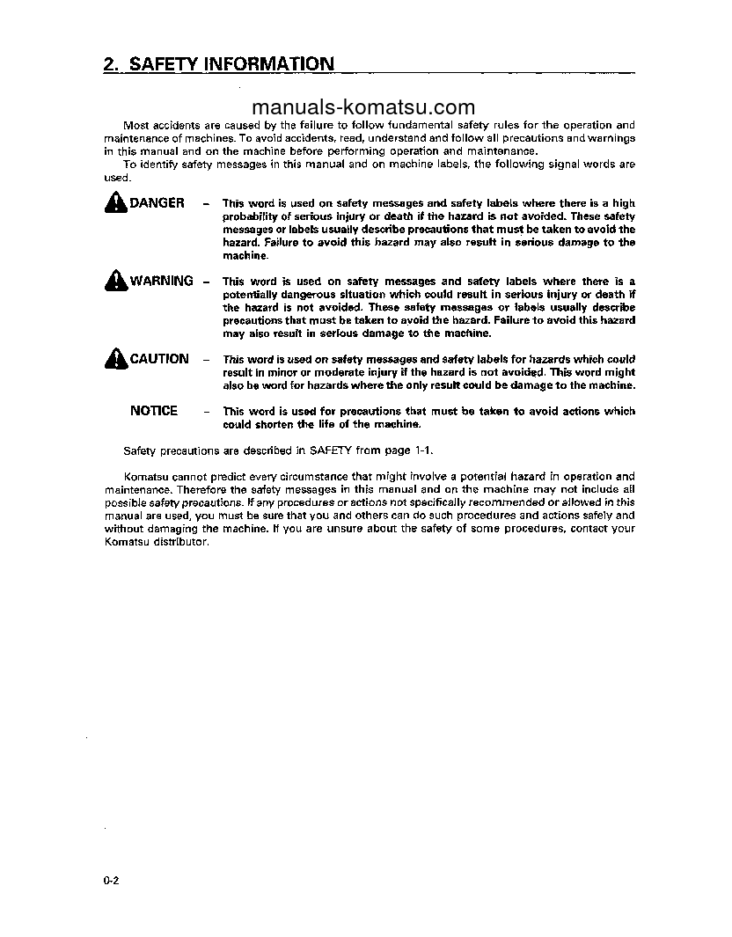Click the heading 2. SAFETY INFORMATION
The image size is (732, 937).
pyautogui.click(x=218, y=63)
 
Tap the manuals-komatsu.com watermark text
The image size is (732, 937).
pyautogui.click(x=363, y=107)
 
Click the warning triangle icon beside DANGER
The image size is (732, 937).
pyautogui.click(x=115, y=203)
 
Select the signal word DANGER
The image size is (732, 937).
pyautogui.click(x=157, y=203)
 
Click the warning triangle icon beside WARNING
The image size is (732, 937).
pyautogui.click(x=115, y=282)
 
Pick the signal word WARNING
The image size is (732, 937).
pyautogui.click(x=162, y=282)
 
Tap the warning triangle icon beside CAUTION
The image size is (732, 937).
pyautogui.click(x=115, y=359)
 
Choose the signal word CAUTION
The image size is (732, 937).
pyautogui.click(x=159, y=359)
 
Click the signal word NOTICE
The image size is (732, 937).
pyautogui.click(x=154, y=411)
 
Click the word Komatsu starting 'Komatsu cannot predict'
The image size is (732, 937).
pyautogui.click(x=143, y=477)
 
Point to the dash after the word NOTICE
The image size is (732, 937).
pyautogui.click(x=206, y=412)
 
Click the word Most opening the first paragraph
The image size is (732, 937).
pyautogui.click(x=135, y=126)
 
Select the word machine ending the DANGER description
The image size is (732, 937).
pyautogui.click(x=244, y=256)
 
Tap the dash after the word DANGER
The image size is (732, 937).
pyautogui.click(x=206, y=204)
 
